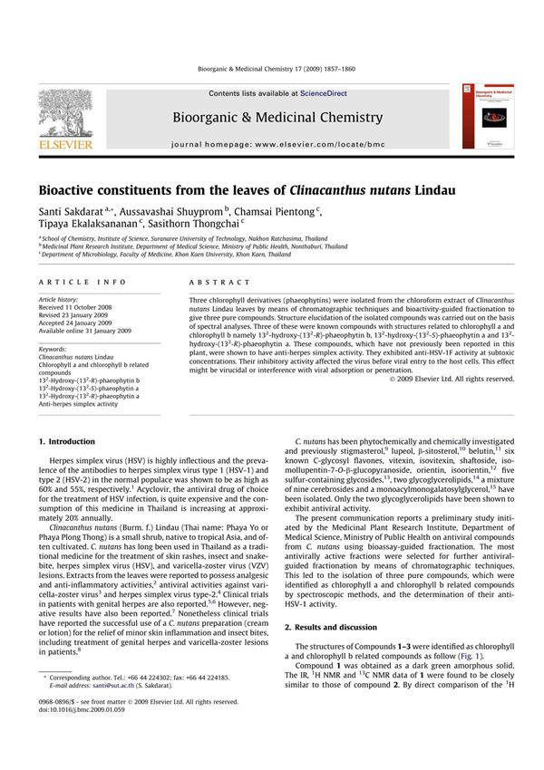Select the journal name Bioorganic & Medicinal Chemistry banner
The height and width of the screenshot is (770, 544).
click(271, 118)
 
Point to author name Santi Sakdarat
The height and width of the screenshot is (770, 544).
click(71, 211)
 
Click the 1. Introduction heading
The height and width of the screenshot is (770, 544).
click(66, 441)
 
